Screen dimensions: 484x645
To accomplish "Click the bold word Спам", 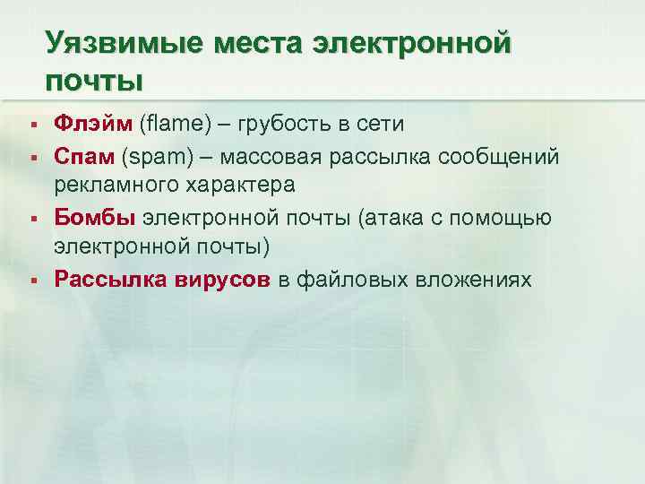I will click(85, 157).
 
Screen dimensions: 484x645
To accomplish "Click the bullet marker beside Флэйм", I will click(31, 124).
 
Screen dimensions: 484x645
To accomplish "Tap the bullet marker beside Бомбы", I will click(31, 219).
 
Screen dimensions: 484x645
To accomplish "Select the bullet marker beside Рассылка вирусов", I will click(31, 280).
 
